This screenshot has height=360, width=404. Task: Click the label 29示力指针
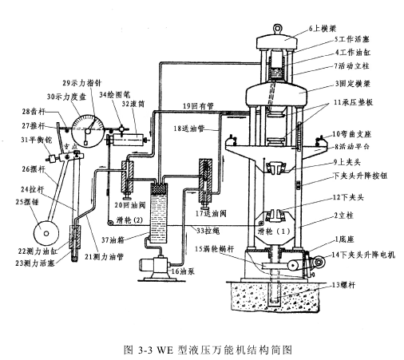[x=81, y=82]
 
